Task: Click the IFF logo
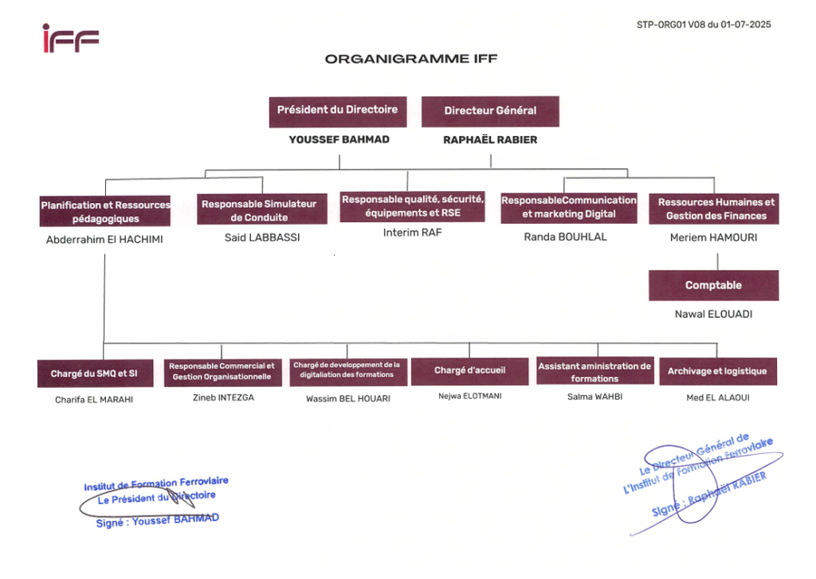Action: point(71,38)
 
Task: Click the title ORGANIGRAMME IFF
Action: point(411,59)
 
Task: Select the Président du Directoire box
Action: point(338,111)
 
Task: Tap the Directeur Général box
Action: point(490,111)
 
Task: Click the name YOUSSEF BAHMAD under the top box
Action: point(339,139)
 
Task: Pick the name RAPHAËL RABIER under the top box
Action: point(490,140)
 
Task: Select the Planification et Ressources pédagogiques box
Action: point(105,211)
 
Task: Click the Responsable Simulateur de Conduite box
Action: point(262,209)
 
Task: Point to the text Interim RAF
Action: point(412,233)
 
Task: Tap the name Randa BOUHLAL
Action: point(565,237)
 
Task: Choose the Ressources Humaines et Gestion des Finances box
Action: point(714,209)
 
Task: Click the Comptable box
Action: point(714,286)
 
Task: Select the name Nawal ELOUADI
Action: point(713,315)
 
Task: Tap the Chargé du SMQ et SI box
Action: point(96,374)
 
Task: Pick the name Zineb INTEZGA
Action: point(224,397)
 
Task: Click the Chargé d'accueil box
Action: point(470,371)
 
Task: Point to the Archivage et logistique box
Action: point(718,371)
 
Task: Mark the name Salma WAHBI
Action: point(594,397)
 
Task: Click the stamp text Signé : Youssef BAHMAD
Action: point(158,520)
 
